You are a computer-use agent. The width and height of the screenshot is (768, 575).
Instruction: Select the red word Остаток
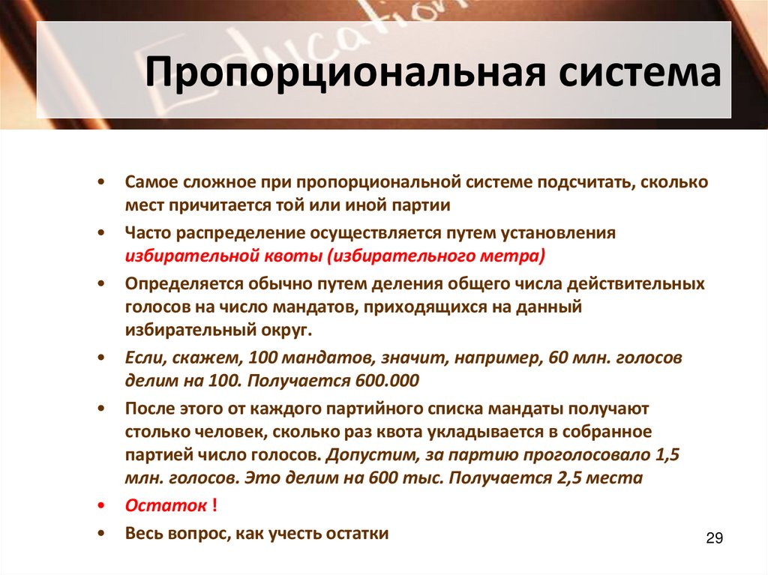166,505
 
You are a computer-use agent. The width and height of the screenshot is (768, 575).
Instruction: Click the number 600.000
385,380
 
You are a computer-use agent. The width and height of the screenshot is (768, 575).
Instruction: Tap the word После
147,409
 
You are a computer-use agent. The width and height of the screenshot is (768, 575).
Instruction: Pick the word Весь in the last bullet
142,533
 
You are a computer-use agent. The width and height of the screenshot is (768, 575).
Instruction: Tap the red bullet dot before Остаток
100,505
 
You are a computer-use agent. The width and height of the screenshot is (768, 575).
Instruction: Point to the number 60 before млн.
559,358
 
